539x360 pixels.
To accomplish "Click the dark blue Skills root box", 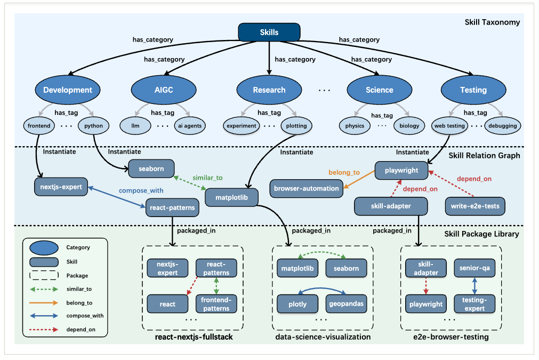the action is point(269,33).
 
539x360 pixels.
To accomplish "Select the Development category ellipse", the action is point(68,90).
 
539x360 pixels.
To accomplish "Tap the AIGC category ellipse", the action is point(164,90).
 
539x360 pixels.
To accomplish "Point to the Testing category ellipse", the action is point(473,90).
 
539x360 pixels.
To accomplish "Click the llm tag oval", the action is point(135,126).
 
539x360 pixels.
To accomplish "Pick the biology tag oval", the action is point(409,126).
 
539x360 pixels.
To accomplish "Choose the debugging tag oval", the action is point(503,126).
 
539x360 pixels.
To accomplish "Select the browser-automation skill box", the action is point(306,188).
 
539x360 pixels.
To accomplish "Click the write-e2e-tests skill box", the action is point(475,206).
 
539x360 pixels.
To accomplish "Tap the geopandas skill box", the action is point(346,304).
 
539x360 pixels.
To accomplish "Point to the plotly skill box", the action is point(297,304).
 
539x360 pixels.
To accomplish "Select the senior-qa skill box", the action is point(474,268).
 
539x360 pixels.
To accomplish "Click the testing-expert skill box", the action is point(474,304).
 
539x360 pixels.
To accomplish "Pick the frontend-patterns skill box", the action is point(216,304).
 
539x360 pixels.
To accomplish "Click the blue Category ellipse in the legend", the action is point(44,248).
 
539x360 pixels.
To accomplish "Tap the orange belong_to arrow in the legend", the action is point(44,303).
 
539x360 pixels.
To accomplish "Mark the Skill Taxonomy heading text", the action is point(492,22).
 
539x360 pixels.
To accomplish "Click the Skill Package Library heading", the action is point(481,234).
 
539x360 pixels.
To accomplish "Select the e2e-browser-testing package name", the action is point(451,337).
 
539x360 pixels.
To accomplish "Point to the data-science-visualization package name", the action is point(323,337).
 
